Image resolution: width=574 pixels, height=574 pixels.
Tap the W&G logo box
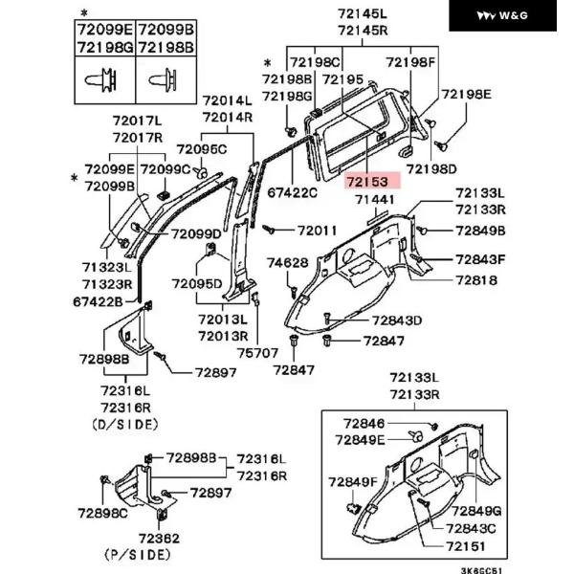[x=502, y=15]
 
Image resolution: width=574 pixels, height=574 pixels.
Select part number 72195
[x=343, y=79]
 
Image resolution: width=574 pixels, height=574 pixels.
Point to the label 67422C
[x=293, y=192]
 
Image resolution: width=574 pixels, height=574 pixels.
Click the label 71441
[x=375, y=200]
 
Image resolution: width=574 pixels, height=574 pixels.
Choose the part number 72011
[x=317, y=231]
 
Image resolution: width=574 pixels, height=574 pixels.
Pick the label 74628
[x=287, y=262]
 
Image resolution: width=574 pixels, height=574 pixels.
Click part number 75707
[x=257, y=353]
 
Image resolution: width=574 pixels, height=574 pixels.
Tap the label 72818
[x=476, y=280]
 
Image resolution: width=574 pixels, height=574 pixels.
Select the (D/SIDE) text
[x=125, y=425]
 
